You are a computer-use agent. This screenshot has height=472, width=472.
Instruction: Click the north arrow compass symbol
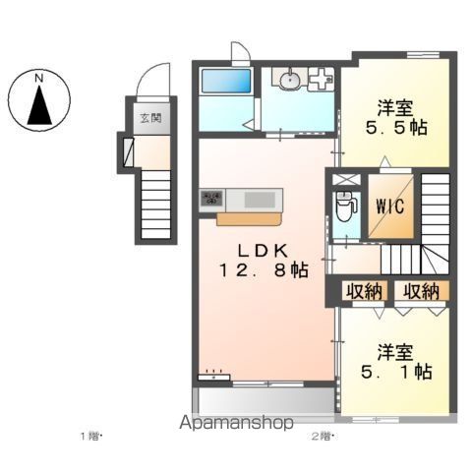[x=39, y=100]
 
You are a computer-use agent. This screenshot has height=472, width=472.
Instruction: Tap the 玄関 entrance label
[x=151, y=118]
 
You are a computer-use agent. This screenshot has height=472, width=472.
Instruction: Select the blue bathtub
[x=226, y=81]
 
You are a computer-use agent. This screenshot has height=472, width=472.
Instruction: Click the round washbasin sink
[x=290, y=80]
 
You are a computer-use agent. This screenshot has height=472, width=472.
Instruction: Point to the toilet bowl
[x=344, y=208]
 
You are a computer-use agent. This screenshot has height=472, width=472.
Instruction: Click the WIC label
[x=390, y=206]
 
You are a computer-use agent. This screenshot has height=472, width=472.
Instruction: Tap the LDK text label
[x=263, y=252]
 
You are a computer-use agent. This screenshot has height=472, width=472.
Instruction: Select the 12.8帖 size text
[x=264, y=270]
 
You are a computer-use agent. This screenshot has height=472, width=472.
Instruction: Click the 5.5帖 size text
[x=396, y=128]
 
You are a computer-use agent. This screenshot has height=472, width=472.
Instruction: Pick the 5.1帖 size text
[x=396, y=372]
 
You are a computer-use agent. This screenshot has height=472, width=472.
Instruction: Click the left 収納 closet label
[x=365, y=291]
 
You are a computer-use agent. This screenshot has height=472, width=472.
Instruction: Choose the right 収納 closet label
[x=421, y=291]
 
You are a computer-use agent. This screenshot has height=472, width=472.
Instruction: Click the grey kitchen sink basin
[x=260, y=200]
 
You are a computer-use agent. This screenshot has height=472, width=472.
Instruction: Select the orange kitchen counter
[x=249, y=219]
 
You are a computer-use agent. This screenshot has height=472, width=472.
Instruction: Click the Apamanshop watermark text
[x=236, y=423]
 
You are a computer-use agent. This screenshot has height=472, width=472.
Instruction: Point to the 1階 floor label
[x=91, y=437]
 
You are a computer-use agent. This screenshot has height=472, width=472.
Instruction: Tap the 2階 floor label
[x=322, y=437]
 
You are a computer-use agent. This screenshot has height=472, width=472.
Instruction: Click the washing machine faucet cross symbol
[x=321, y=79]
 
